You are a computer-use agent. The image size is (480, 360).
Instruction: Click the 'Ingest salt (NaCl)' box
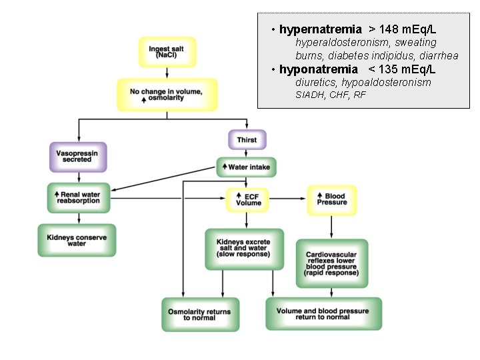(167, 53)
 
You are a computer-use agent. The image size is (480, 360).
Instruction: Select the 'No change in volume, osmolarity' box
(167, 95)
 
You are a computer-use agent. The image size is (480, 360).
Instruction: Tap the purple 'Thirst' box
(247, 140)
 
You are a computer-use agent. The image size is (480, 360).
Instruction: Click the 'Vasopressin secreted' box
(79, 157)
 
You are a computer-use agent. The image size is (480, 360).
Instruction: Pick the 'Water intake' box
(246, 167)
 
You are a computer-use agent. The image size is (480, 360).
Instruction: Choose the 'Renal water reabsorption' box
(79, 198)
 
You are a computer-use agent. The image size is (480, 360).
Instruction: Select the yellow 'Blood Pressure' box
(331, 199)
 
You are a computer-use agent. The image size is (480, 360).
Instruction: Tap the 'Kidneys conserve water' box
(77, 241)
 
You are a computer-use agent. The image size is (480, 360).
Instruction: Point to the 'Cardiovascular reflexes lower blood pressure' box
(331, 263)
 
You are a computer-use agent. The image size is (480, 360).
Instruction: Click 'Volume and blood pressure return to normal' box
(323, 314)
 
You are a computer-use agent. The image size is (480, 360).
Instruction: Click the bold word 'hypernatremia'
(320, 29)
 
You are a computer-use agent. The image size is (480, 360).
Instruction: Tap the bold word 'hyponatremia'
(318, 69)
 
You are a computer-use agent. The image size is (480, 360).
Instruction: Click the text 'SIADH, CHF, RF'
(331, 95)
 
